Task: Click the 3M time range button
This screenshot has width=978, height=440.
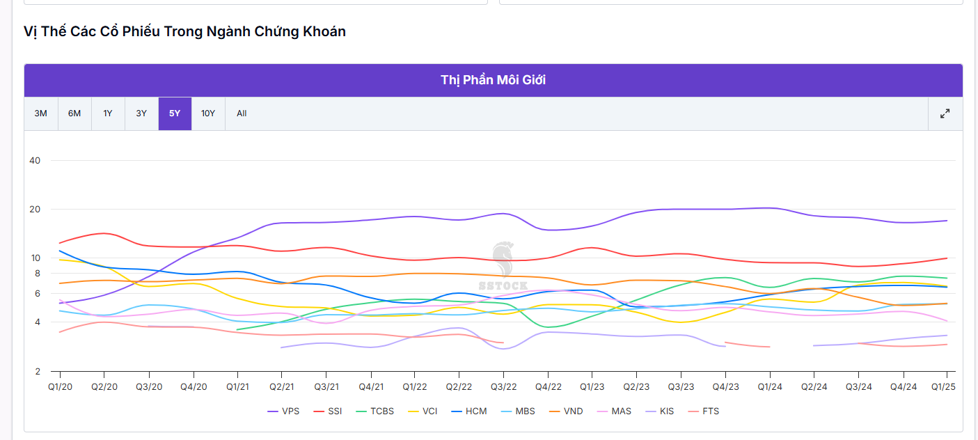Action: coord(41,113)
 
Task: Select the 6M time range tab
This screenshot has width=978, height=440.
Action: coord(74,113)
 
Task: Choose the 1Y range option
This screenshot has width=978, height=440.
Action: coord(108,113)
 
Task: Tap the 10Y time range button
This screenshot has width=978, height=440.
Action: coord(208,113)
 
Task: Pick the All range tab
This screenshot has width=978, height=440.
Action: coord(242,113)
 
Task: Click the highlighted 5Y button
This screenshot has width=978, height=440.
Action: coord(175,113)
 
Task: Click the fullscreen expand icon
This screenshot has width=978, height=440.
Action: coord(945,113)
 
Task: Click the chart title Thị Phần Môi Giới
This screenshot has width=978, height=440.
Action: coord(493,80)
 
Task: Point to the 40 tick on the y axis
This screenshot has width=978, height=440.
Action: coord(35,161)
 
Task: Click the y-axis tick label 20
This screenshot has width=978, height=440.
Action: coord(35,210)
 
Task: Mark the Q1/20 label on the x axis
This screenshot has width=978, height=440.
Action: coord(61,386)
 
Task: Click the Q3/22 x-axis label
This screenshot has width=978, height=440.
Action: coord(503,386)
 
